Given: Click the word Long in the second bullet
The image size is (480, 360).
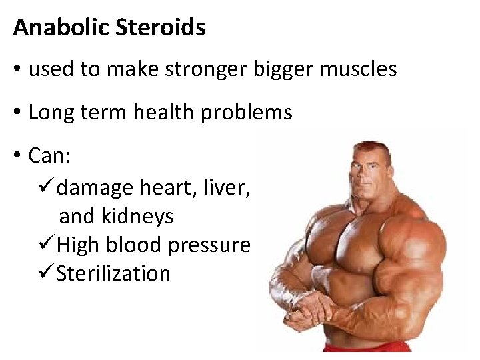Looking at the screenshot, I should (x=51, y=113).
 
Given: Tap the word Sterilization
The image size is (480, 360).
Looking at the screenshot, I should (x=113, y=273).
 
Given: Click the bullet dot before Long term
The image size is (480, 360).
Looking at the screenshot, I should (x=17, y=113).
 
